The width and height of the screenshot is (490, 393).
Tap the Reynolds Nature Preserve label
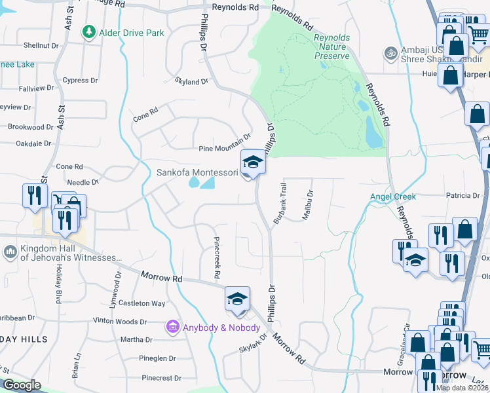[x=331, y=47]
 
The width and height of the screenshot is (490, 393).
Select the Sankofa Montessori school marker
[x=252, y=162]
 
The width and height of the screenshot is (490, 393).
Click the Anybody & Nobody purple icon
[x=173, y=326]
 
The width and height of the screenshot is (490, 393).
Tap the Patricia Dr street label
[x=463, y=195]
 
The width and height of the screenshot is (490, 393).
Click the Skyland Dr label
[x=191, y=82]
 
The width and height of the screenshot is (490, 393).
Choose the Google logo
[x=22, y=385]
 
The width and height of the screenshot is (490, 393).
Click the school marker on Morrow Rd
[x=236, y=299]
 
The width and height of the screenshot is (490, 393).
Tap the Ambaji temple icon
[x=391, y=52]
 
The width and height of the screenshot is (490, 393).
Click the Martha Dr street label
[x=136, y=340]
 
